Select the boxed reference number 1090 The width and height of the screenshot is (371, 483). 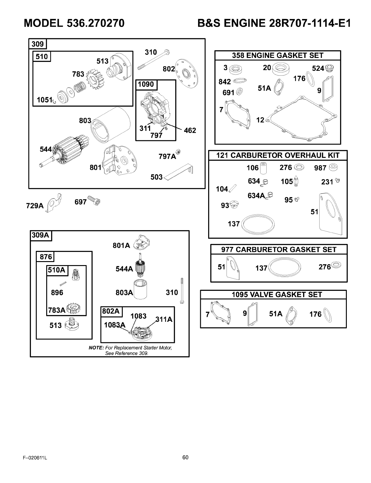146,84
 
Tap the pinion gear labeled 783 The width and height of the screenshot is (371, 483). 95,78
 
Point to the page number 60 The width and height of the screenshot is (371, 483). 185,458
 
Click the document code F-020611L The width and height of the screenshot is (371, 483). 34,458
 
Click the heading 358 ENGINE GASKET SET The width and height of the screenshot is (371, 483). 278,55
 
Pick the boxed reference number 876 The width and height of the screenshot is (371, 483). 45,257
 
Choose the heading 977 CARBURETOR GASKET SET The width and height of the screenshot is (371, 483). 279,249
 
